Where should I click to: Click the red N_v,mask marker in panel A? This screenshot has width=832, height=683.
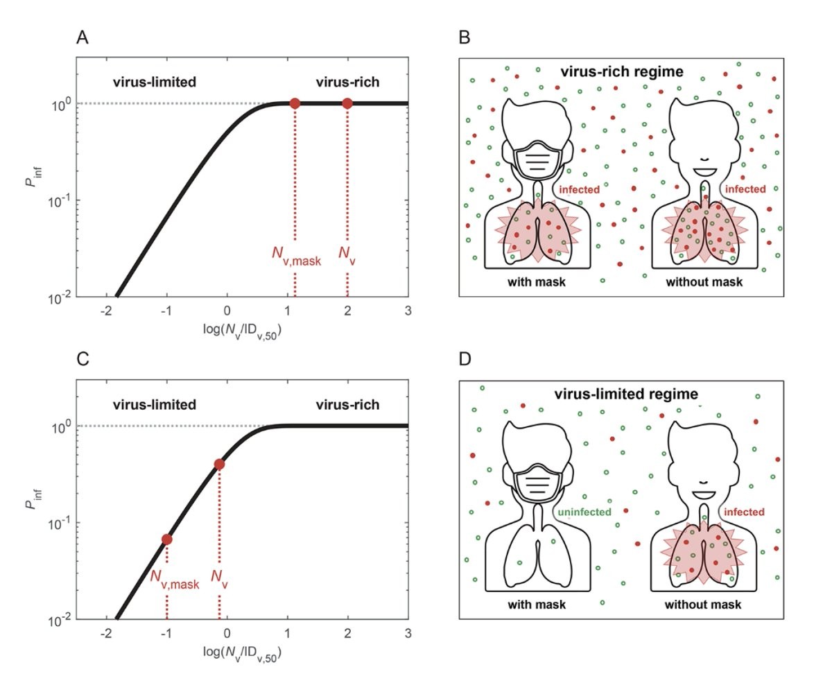click(295, 103)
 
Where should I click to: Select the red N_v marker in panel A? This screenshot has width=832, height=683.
click(347, 103)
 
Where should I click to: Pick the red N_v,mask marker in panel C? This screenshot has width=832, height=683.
click(167, 539)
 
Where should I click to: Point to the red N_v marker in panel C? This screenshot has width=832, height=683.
click(219, 464)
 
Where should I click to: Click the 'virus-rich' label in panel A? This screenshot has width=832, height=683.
click(347, 83)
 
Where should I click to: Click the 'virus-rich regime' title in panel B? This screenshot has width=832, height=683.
click(621, 71)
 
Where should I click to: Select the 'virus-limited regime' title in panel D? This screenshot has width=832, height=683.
click(626, 394)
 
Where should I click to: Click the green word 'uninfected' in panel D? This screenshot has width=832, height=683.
click(584, 512)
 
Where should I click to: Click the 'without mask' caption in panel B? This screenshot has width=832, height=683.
click(704, 282)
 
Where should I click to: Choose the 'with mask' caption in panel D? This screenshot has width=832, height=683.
click(537, 604)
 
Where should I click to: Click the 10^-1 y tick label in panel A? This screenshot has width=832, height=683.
click(61, 200)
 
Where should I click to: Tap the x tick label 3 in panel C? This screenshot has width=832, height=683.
click(407, 634)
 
